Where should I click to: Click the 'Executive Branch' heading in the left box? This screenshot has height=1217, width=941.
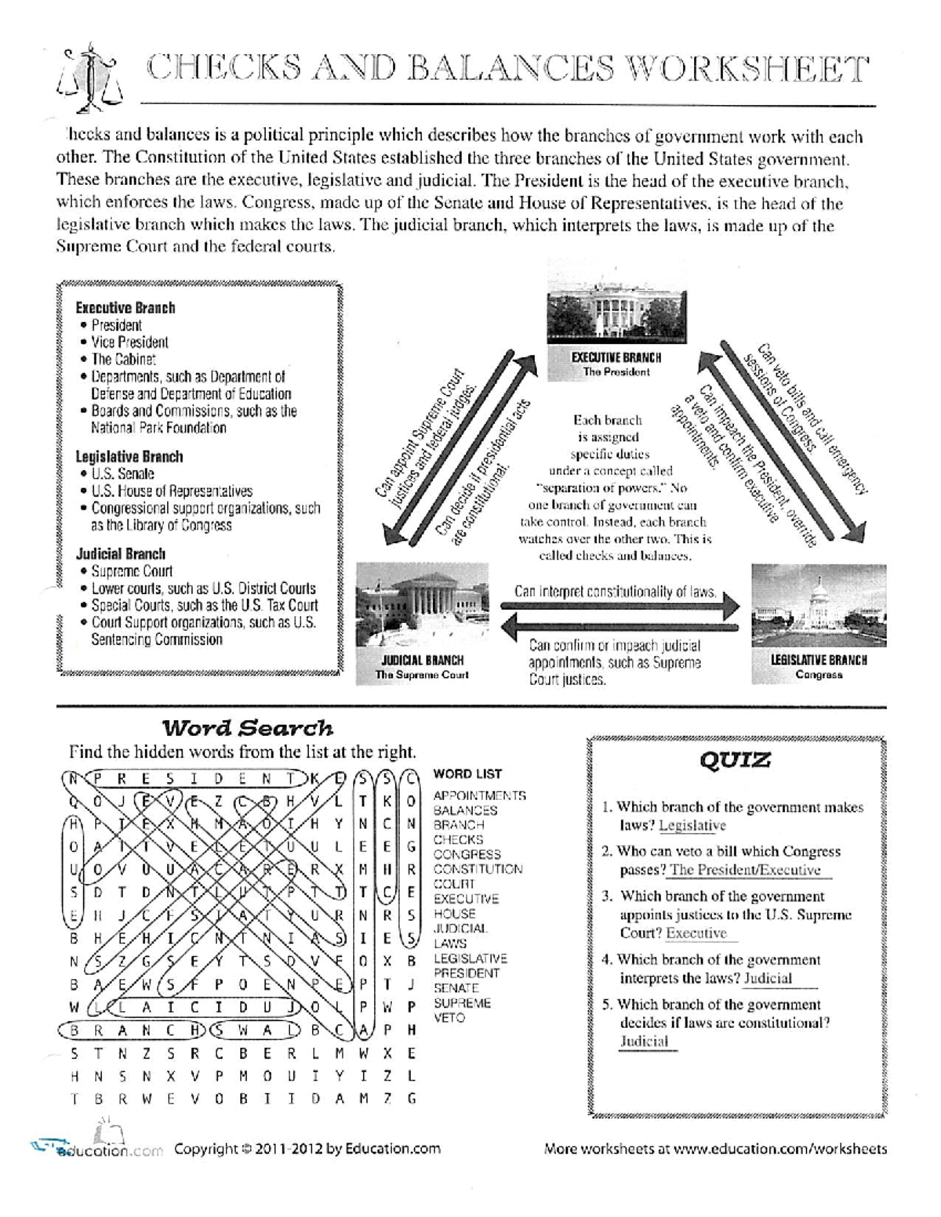pos(125,308)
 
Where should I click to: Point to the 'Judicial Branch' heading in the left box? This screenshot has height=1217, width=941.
pos(121,554)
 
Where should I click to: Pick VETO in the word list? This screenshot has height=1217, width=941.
pos(449,1018)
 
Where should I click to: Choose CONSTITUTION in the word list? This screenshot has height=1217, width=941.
pos(478,869)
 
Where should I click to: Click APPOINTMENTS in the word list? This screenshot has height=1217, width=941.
pos(479,795)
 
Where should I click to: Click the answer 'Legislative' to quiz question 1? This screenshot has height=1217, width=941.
pos(692,825)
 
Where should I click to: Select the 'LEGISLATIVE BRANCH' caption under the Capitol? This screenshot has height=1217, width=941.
pos(819,660)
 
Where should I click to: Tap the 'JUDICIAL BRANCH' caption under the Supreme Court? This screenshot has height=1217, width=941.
pos(422,660)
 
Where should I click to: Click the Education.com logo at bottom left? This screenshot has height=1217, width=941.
pos(94,1148)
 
